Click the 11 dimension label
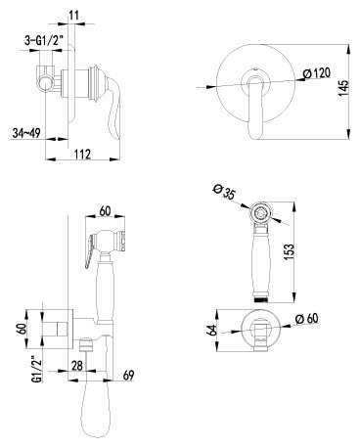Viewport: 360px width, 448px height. coord(74,15)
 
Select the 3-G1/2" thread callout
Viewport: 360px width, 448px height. coord(44,40)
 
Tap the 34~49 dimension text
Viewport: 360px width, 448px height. coord(26,133)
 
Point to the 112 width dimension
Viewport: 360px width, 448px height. coord(82,154)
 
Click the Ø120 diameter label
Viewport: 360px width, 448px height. coord(316,73)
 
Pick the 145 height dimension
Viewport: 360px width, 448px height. coord(343,88)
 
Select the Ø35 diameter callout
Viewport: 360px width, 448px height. coord(224,193)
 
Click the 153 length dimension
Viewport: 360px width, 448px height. coord(289,252)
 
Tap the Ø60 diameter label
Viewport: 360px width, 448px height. coord(306,318)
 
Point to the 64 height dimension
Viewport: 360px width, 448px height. coord(212,330)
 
